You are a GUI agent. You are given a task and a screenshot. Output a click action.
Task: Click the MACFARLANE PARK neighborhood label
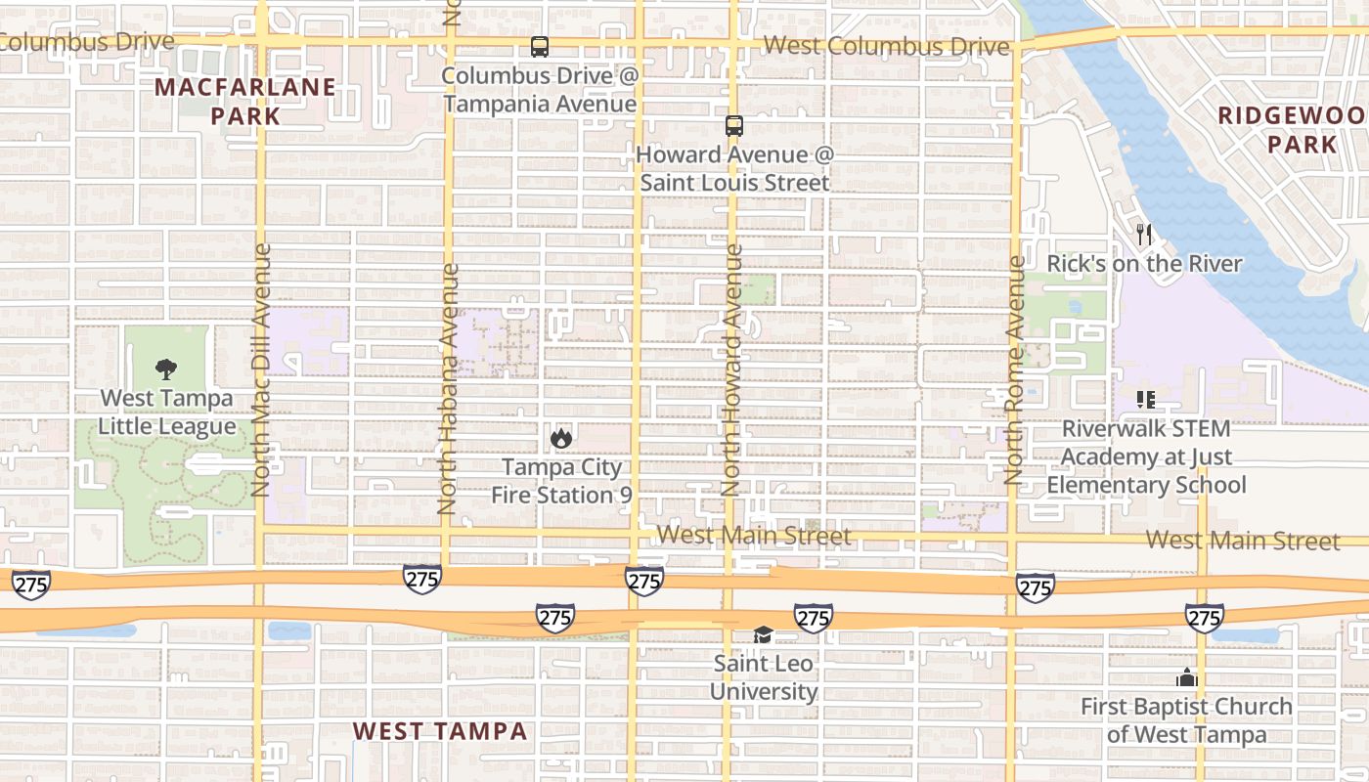(x=244, y=101)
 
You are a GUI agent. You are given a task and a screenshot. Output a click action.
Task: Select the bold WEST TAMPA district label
(x=439, y=730)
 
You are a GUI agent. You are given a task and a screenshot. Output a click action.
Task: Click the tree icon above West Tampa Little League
(x=166, y=369)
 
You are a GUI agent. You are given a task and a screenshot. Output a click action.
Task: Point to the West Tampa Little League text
(x=167, y=413)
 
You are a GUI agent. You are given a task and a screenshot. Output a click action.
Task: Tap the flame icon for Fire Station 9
(x=560, y=437)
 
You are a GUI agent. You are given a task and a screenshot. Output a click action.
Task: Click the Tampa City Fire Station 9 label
(x=560, y=481)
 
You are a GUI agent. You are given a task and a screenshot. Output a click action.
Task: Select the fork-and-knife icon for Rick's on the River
(x=1144, y=235)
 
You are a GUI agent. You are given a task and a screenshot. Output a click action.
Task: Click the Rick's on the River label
(x=1144, y=264)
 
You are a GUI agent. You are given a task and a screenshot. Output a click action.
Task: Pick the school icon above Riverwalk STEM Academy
(x=1146, y=399)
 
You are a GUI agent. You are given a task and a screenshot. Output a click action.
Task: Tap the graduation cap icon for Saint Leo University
(x=763, y=635)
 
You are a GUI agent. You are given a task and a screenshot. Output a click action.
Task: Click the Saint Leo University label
(x=763, y=677)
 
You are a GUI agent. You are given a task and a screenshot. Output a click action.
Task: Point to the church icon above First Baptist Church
(x=1186, y=677)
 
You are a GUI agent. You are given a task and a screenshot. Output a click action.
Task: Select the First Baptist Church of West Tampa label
(x=1186, y=719)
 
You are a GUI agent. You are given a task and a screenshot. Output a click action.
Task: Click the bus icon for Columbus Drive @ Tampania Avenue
(x=539, y=46)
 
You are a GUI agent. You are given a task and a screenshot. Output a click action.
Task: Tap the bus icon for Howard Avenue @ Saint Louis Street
(x=733, y=125)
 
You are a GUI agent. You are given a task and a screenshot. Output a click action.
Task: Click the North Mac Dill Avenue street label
(x=260, y=369)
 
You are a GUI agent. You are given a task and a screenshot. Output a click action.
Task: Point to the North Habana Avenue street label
(x=447, y=389)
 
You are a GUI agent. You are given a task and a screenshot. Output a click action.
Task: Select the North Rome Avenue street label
(x=1014, y=369)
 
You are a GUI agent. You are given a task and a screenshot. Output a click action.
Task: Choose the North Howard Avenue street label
(x=731, y=369)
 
